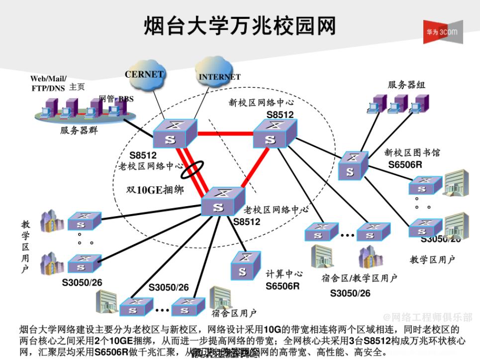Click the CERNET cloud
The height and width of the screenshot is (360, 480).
pyautogui.click(x=144, y=75)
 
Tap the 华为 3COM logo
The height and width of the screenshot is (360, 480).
pyautogui.click(x=442, y=32)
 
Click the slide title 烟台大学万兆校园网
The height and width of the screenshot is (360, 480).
pyautogui.click(x=240, y=25)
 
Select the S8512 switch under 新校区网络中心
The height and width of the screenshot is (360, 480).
pyautogui.click(x=275, y=134)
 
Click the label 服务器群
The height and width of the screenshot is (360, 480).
pyautogui.click(x=79, y=131)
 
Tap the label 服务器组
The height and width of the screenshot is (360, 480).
pyautogui.click(x=406, y=85)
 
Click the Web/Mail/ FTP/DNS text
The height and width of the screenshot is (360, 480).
pyautogui.click(x=48, y=83)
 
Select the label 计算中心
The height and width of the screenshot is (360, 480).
pyautogui.click(x=284, y=274)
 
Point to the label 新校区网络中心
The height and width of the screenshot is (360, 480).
pyautogui.click(x=261, y=103)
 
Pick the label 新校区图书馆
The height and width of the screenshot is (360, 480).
pyautogui.click(x=412, y=152)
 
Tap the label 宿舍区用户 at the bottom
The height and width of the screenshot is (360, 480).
pyautogui.click(x=234, y=313)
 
